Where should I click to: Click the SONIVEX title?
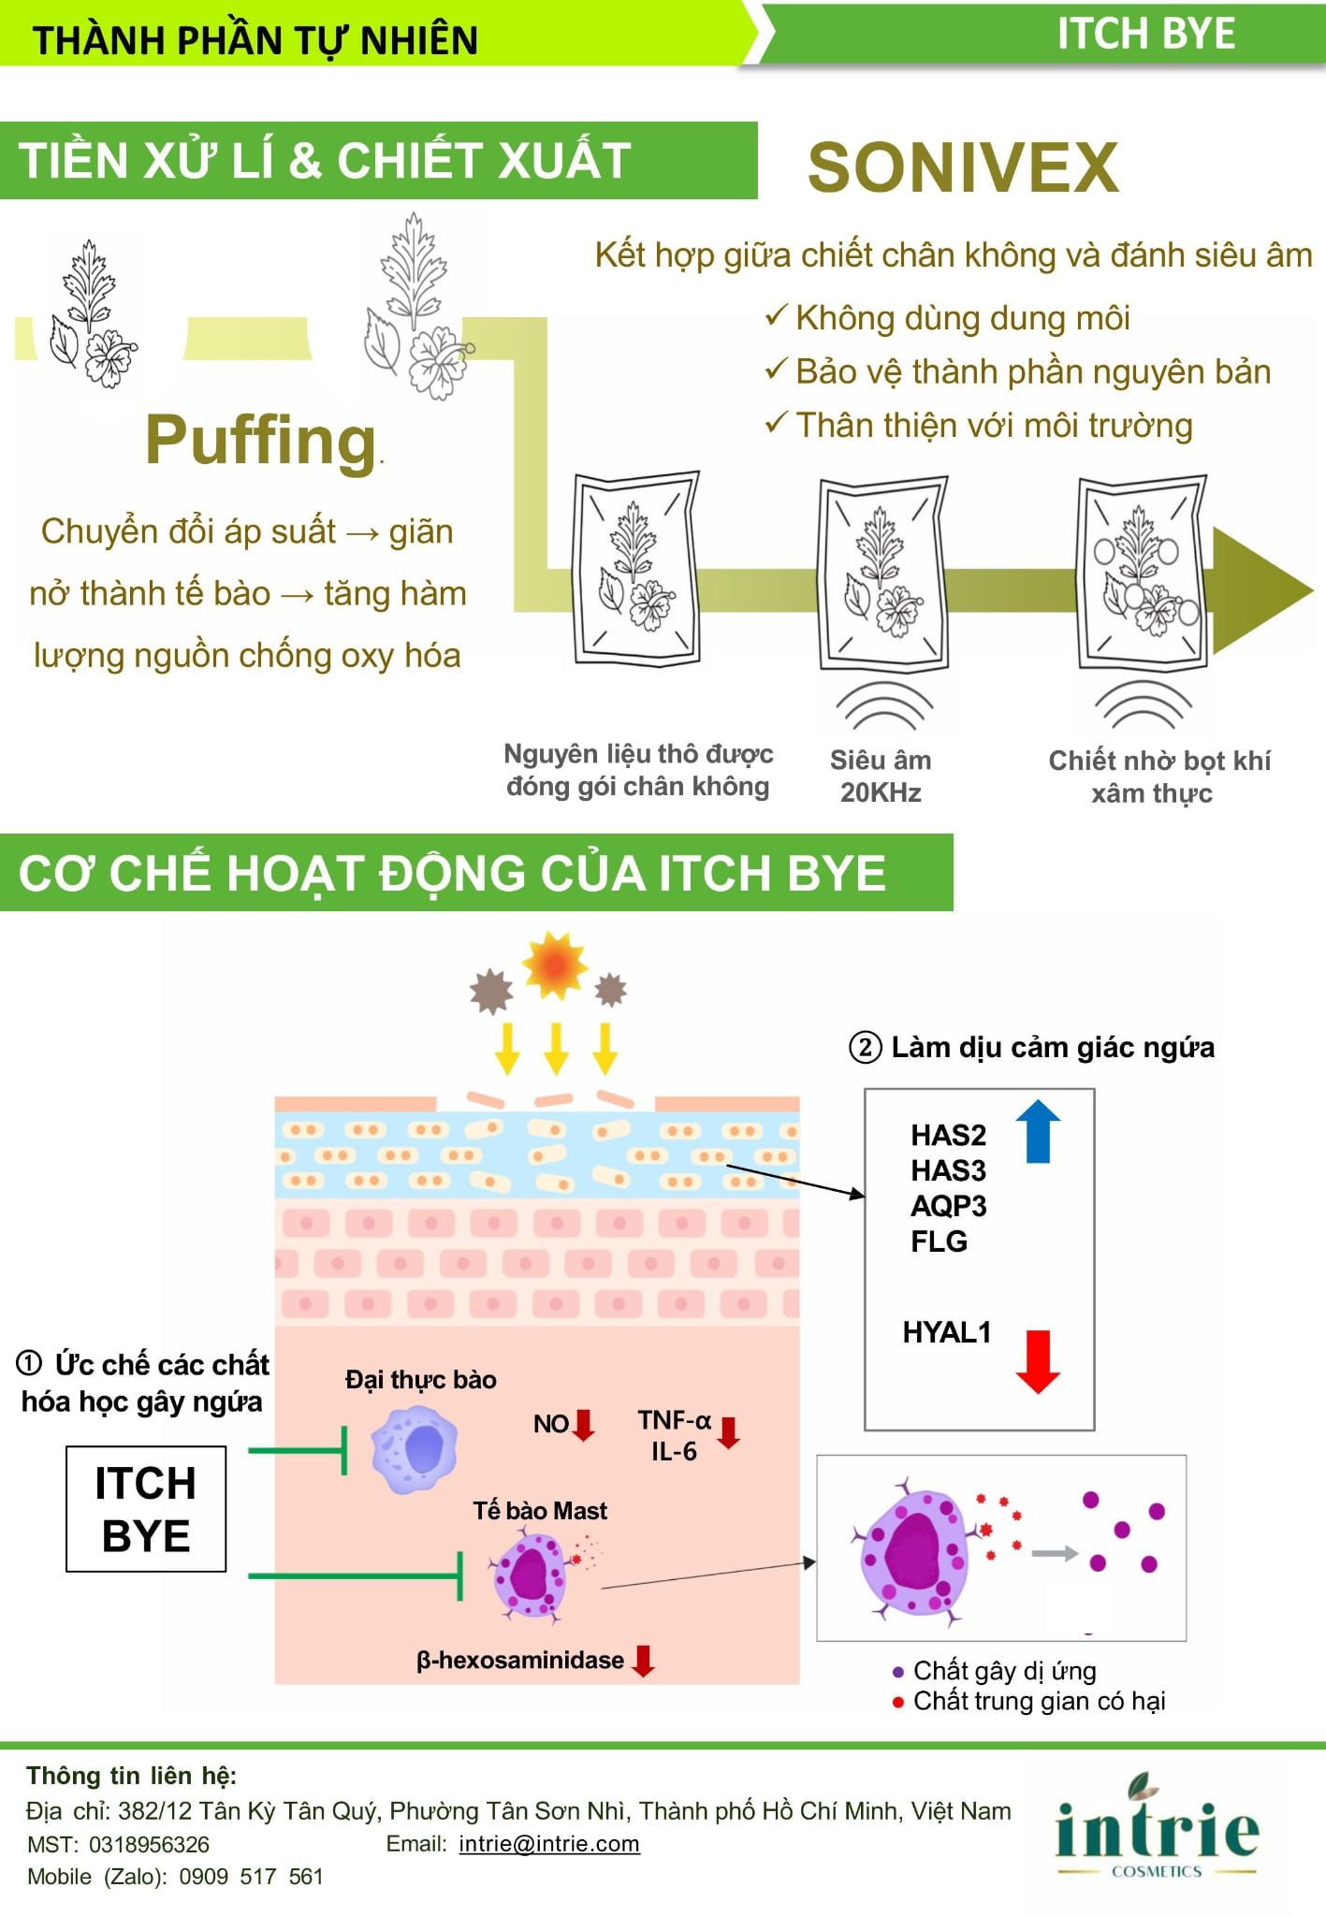pyautogui.click(x=963, y=167)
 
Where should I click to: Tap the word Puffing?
pyautogui.click(x=261, y=441)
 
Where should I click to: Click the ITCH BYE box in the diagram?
pyautogui.click(x=146, y=1509)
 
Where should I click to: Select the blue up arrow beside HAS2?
pyautogui.click(x=1037, y=1130)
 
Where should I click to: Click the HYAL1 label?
pyautogui.click(x=946, y=1332)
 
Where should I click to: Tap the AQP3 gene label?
pyautogui.click(x=948, y=1206)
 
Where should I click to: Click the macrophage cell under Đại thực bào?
pyautogui.click(x=414, y=1449)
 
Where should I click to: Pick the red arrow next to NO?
pyautogui.click(x=584, y=1424)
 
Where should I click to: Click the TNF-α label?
pyautogui.click(x=675, y=1420)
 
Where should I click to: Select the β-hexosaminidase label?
pyautogui.click(x=520, y=1661)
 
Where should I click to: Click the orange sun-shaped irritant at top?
pyautogui.click(x=556, y=964)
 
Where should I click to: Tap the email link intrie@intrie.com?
pyautogui.click(x=549, y=1844)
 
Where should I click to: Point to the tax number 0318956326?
pyautogui.click(x=149, y=1845)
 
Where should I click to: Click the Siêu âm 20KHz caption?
pyautogui.click(x=881, y=777)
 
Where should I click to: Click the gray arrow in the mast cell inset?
pyautogui.click(x=1055, y=1554)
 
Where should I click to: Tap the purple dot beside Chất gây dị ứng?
pyautogui.click(x=898, y=1672)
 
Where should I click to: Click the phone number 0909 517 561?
pyautogui.click(x=251, y=1877)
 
